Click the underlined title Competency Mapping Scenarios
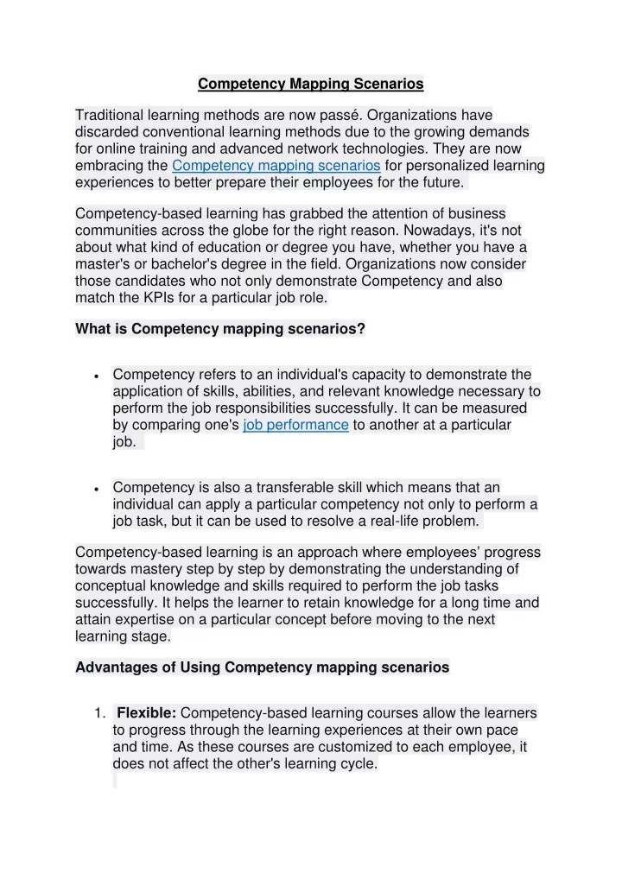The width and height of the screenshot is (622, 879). point(311,84)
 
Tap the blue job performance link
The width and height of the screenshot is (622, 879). point(295,425)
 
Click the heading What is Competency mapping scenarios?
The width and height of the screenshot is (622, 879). point(220,329)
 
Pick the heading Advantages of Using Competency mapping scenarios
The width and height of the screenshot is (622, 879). point(263,667)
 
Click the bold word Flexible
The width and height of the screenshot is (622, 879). point(147,713)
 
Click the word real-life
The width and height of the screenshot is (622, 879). point(386,521)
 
